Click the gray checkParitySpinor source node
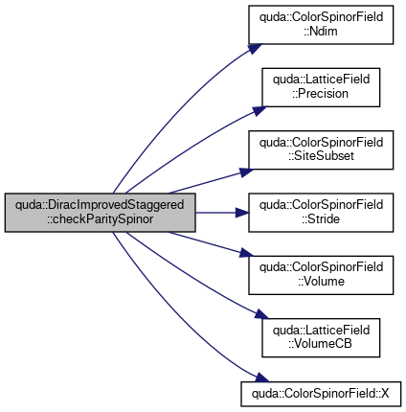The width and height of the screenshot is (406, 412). [100, 213]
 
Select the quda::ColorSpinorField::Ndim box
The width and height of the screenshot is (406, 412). [321, 25]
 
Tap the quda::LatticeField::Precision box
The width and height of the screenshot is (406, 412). [321, 87]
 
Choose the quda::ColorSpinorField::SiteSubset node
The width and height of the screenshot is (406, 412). [321, 149]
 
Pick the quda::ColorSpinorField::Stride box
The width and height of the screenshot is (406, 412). [321, 213]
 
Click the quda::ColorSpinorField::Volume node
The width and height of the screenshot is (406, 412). [321, 275]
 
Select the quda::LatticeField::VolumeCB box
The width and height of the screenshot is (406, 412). [321, 337]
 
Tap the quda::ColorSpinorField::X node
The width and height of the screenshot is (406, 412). [321, 394]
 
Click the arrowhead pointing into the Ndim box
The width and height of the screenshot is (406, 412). [255, 49]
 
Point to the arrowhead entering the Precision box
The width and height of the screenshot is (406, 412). [259, 110]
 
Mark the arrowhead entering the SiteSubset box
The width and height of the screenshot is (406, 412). [247, 172]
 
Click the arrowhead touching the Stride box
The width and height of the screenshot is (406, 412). [242, 213]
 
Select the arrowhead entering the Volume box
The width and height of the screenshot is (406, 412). [247, 253]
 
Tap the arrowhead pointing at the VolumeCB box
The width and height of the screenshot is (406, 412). [261, 314]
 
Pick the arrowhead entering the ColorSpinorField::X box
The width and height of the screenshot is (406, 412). [261, 378]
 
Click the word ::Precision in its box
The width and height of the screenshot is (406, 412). [320, 94]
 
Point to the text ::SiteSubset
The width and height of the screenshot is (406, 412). [321, 156]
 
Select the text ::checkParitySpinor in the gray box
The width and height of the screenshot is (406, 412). [101, 219]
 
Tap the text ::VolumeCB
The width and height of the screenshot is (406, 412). [320, 344]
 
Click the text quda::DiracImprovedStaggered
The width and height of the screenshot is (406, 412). [100, 205]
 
